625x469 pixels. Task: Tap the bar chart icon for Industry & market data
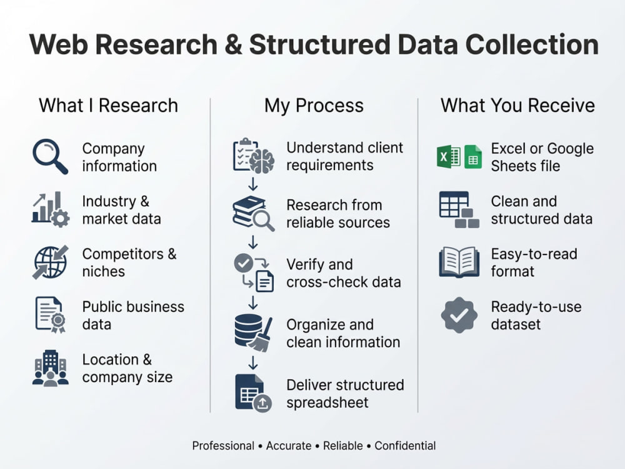click(x=51, y=209)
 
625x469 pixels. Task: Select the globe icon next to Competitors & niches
click(x=51, y=262)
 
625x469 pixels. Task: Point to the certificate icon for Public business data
click(x=50, y=315)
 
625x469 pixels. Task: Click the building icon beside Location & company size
click(x=50, y=368)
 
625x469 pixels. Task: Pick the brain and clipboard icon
click(x=254, y=156)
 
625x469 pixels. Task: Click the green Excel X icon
click(x=449, y=156)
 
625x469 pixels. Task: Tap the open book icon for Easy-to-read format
click(x=459, y=261)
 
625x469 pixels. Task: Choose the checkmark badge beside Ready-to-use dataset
click(x=459, y=315)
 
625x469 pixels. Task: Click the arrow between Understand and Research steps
click(x=253, y=184)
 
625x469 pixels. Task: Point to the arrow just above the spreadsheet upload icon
click(x=253, y=363)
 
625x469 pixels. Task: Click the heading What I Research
click(x=108, y=106)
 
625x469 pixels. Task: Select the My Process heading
click(x=314, y=106)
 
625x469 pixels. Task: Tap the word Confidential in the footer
click(x=405, y=445)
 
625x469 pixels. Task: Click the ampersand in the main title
click(x=233, y=44)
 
